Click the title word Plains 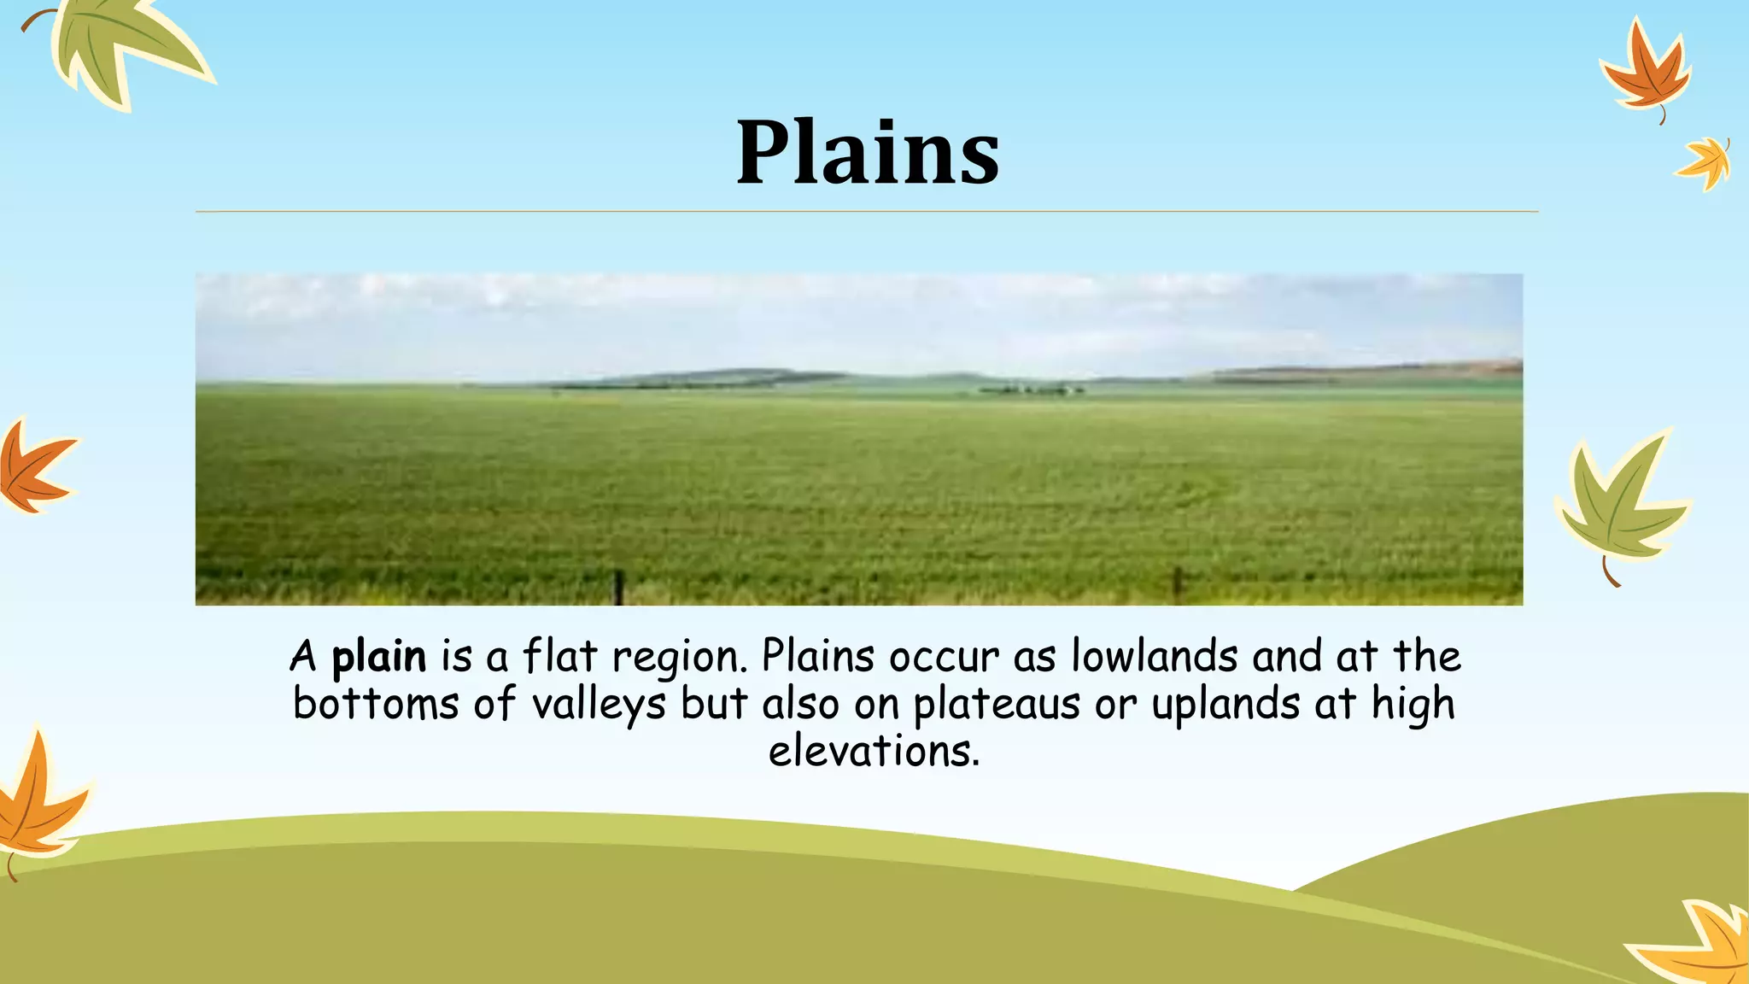868,154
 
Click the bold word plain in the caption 378,658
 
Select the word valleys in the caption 598,706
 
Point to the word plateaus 997,706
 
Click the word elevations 873,752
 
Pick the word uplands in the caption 1225,706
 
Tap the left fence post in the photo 619,588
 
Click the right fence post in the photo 1177,583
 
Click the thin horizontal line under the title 866,211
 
